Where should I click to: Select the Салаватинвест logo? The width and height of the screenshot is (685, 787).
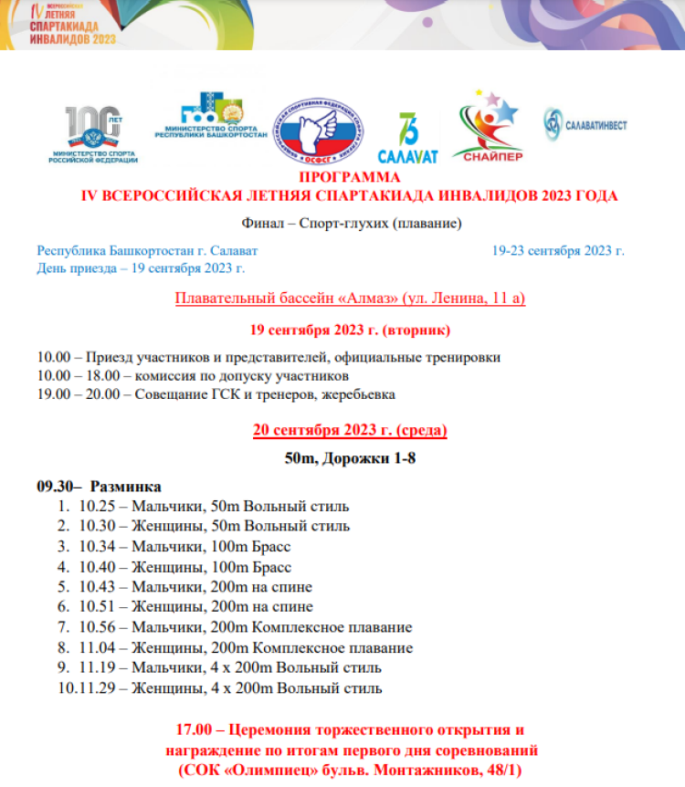tap(585, 125)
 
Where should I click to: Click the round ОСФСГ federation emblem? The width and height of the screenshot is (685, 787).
tap(320, 134)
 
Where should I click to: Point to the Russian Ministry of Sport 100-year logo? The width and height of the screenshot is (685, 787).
tap(95, 133)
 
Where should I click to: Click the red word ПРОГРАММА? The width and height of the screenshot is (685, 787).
tap(350, 177)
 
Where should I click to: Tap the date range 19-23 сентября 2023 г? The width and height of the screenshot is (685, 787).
tap(557, 250)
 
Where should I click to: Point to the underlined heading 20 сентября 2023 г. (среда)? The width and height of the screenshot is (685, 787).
tap(350, 430)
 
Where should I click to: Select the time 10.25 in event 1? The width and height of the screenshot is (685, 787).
tap(95, 506)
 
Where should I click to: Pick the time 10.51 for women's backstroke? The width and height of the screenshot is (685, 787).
tap(95, 606)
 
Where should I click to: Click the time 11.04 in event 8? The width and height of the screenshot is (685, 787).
tap(95, 647)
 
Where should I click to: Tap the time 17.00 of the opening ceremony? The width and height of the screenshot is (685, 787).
tap(195, 730)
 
